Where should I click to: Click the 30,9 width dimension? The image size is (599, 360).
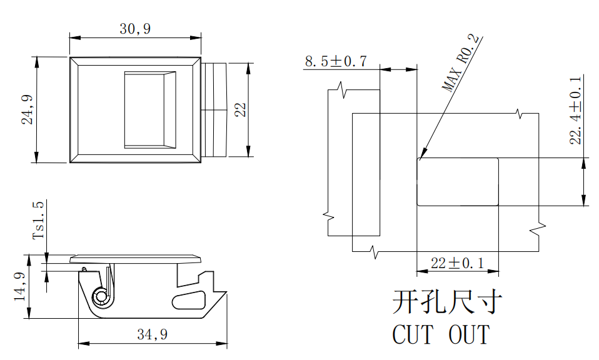135,28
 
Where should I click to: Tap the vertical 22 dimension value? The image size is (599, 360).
239,110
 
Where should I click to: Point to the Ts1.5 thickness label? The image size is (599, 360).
39,221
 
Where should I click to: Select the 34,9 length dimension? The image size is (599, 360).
152,335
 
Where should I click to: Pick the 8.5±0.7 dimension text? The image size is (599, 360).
335,61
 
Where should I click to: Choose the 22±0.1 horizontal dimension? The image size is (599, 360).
458,263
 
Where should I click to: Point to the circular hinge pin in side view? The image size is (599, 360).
101,297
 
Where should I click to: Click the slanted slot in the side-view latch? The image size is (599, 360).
190,299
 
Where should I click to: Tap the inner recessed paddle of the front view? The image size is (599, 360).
149,110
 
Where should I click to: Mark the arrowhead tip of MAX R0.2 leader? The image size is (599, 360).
421,157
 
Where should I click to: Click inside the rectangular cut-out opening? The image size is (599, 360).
457,182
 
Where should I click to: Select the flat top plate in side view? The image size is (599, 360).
136,258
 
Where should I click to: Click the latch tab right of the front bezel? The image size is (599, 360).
214,110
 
